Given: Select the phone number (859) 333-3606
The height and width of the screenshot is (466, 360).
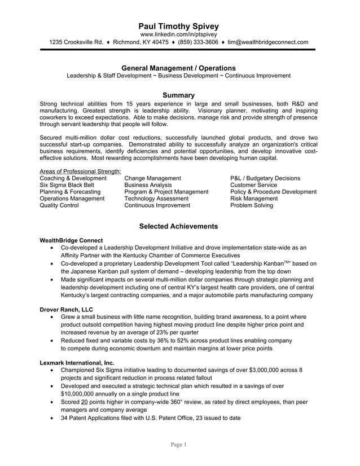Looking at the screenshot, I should tap(197, 42).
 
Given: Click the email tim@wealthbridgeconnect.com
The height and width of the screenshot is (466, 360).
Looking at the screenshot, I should tap(272, 42).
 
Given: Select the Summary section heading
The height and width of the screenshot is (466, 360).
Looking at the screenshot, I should tap(178, 95).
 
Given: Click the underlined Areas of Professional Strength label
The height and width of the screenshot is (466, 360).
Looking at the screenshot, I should tap(80, 172).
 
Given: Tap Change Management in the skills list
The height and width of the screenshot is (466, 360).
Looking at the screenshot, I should tap(152, 178).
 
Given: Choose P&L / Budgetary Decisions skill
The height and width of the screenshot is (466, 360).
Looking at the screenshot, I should tap(265, 178).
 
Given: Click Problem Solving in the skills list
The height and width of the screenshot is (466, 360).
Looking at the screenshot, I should tap(251, 205).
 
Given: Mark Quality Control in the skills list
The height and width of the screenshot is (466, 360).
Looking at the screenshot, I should tap(59, 205).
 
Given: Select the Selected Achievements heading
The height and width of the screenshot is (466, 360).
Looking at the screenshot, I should tap(178, 226).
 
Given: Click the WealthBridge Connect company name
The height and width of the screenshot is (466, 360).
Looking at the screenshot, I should tap(71, 240).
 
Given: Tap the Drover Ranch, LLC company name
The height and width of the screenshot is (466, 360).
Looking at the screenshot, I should tap(66, 310).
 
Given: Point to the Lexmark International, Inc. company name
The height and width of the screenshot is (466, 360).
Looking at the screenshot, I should tap(77, 363).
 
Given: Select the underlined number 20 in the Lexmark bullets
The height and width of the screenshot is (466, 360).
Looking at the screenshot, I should tap(85, 402).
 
